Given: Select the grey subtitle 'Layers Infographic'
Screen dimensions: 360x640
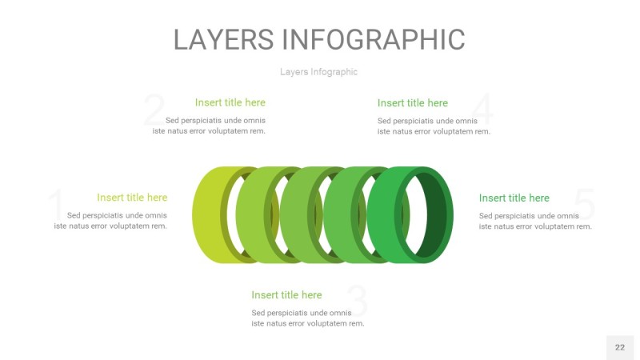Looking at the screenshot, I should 318,72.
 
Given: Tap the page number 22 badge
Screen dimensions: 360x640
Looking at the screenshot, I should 619,347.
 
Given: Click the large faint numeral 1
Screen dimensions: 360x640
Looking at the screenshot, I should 56,207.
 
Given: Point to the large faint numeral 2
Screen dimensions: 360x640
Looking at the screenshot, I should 154,111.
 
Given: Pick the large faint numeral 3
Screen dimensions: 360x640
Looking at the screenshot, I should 358,302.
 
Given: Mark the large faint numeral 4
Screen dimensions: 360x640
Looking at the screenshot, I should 482,111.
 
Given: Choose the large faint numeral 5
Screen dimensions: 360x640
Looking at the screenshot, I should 585,206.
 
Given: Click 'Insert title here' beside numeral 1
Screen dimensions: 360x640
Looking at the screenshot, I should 132,198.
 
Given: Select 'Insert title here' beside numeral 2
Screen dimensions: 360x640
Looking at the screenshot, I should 230,102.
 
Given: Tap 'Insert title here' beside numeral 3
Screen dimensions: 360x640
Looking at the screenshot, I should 286,295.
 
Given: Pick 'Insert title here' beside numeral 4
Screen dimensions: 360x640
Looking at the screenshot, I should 412,103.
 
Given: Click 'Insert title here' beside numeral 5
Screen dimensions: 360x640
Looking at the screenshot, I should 514,198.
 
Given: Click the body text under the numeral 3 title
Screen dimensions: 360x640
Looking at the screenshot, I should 307,318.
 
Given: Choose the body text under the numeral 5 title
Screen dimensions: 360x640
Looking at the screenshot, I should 535,222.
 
